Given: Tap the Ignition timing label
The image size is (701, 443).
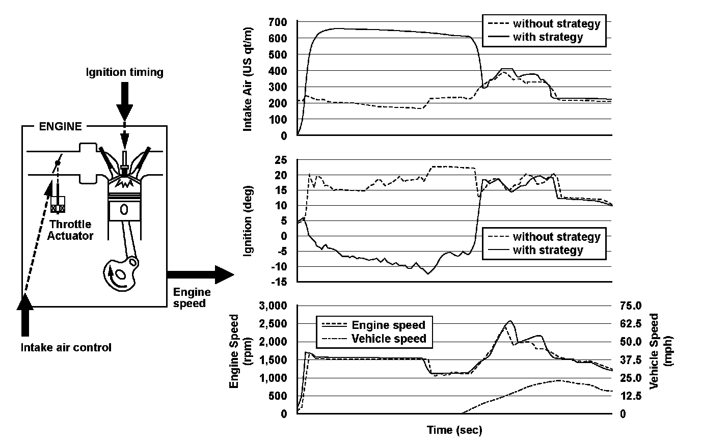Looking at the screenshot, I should click(125, 72).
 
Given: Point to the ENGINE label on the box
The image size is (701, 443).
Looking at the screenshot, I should click(60, 127).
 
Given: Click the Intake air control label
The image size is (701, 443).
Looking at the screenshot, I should click(66, 348).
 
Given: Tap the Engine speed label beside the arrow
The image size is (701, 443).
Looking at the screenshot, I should click(192, 297).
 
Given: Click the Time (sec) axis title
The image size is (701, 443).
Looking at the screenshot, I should click(454, 430).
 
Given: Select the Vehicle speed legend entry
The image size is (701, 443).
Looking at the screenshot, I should click(389, 339).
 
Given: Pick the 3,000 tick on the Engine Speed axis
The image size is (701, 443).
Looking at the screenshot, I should click(273, 306).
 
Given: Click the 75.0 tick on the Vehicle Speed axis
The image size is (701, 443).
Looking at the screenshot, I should click(629, 306).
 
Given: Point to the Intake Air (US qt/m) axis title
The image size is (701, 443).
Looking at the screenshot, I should click(248, 79).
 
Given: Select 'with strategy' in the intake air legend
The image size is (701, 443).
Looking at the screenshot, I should click(548, 37).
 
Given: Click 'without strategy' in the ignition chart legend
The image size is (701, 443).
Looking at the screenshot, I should click(556, 237).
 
